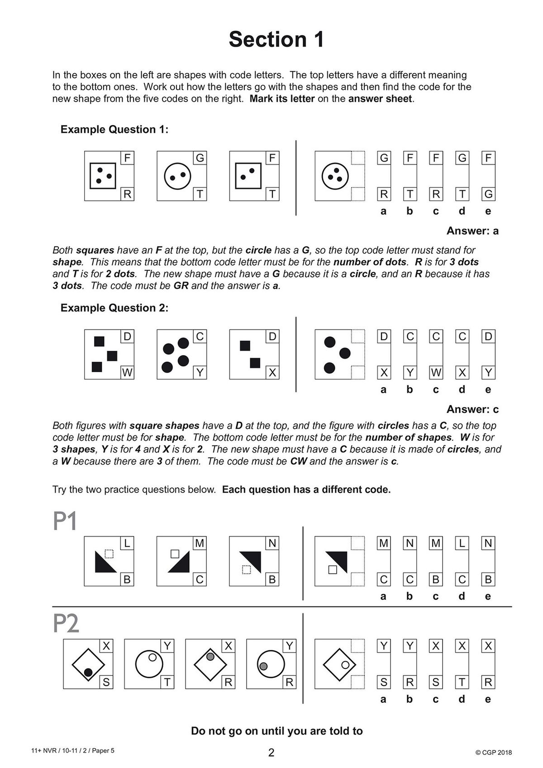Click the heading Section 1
click(x=276, y=39)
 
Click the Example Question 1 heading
click(x=114, y=129)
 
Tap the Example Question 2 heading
click(x=114, y=308)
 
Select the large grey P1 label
click(x=65, y=521)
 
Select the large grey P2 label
click(x=66, y=624)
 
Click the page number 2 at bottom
click(x=271, y=753)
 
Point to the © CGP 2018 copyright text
click(x=494, y=752)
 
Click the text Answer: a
click(x=472, y=231)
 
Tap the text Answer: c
click(x=472, y=409)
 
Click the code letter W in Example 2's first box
click(x=127, y=373)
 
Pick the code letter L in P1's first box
click(x=127, y=543)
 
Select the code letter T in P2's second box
click(x=167, y=682)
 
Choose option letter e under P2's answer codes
click(x=488, y=699)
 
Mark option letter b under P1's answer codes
click(x=410, y=596)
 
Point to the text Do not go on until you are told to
click(x=276, y=731)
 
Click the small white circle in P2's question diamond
click(x=345, y=665)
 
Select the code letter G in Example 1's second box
click(x=200, y=158)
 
